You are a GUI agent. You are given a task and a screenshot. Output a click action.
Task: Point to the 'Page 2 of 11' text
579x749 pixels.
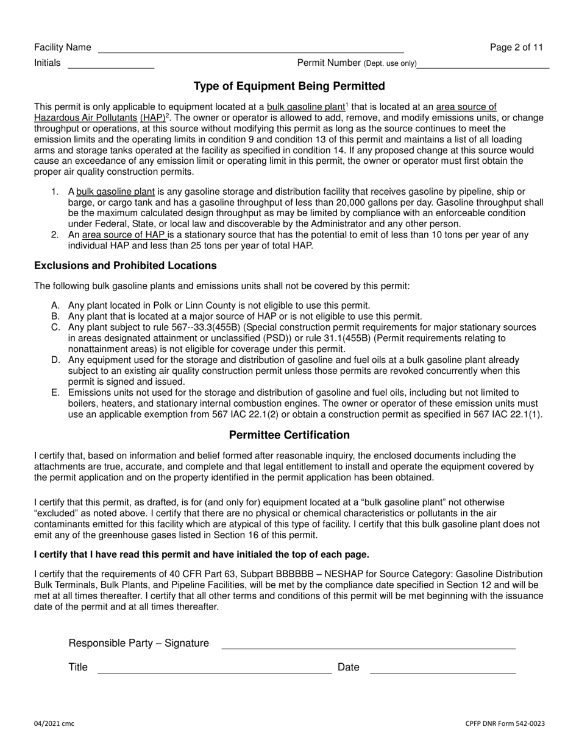516,47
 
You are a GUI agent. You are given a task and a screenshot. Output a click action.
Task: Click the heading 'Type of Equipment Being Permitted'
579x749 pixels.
289,86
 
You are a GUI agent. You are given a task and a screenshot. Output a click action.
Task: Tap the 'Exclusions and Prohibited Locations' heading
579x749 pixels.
125,266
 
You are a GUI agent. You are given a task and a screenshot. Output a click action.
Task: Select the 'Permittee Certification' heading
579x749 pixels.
289,435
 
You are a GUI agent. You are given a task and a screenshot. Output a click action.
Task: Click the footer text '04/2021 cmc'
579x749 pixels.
54,724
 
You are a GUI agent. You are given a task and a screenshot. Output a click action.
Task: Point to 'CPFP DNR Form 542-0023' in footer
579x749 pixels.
505,724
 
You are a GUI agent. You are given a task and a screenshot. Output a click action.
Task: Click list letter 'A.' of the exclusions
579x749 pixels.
56,306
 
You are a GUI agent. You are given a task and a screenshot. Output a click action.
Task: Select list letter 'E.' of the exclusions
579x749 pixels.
56,393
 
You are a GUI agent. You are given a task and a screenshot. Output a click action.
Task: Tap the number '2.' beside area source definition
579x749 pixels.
55,235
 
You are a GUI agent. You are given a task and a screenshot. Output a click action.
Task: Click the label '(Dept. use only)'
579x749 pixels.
390,63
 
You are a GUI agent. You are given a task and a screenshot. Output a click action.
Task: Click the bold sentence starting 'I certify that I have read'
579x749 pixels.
201,555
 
